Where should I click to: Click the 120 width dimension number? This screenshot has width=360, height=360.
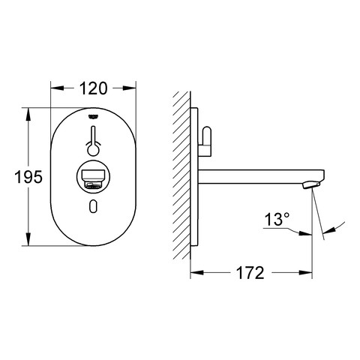(x=93, y=88)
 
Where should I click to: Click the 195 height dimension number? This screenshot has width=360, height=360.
(x=28, y=177)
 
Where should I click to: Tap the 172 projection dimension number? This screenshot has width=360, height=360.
(x=250, y=272)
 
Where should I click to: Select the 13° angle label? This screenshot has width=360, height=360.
(x=277, y=219)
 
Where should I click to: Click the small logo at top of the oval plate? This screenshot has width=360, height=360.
(x=93, y=116)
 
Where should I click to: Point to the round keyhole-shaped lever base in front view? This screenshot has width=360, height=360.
(x=93, y=150)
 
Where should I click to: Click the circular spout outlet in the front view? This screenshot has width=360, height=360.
(x=93, y=177)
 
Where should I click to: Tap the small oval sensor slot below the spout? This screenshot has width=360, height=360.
(x=93, y=206)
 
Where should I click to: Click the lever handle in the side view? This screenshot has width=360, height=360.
(x=206, y=140)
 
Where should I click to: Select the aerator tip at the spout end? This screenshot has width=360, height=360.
(x=311, y=185)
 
